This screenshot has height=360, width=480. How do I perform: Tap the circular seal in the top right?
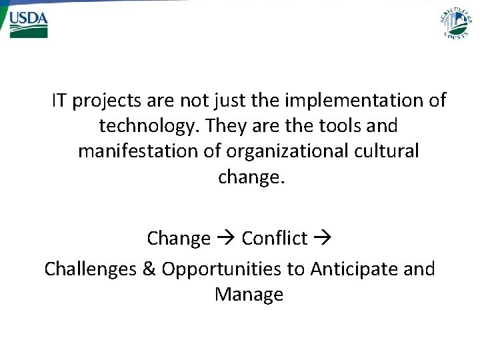pyautogui.click(x=455, y=22)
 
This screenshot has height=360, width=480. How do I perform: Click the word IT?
pyautogui.click(x=59, y=101)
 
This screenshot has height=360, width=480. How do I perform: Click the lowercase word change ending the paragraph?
pyautogui.click(x=251, y=177)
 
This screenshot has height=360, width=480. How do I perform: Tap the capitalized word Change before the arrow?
pyautogui.click(x=179, y=238)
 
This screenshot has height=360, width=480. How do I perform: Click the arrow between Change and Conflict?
pyautogui.click(x=226, y=239)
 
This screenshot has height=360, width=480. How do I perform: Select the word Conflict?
pyautogui.click(x=274, y=238)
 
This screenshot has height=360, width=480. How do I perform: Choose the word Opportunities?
pyautogui.click(x=231, y=270)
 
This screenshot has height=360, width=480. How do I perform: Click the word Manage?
pyautogui.click(x=249, y=295)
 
